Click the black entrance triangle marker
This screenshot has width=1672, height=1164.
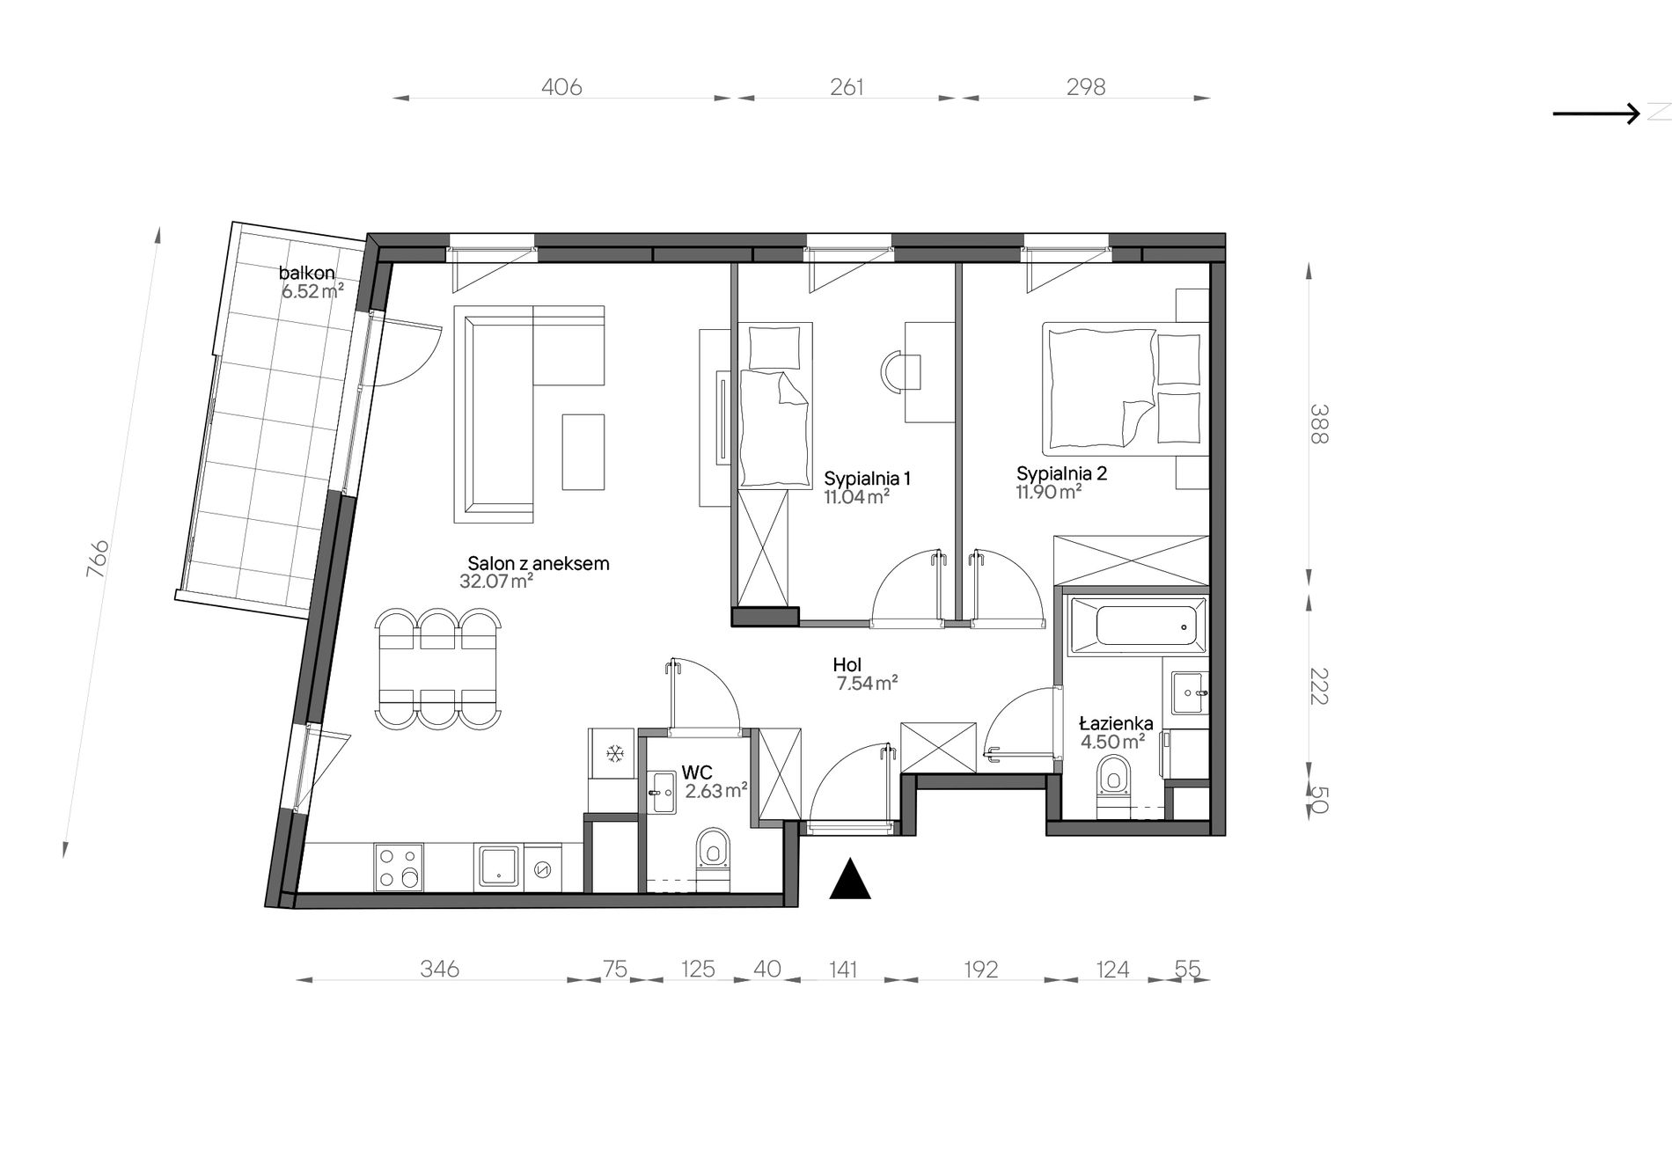pos(850,880)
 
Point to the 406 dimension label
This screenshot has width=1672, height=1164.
pos(561,87)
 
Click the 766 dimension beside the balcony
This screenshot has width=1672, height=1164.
pos(98,558)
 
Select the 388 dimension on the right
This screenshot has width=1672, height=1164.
pos(1318,423)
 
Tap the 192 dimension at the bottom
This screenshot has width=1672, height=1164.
pos(981,970)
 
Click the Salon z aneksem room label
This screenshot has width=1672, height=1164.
pos(538,563)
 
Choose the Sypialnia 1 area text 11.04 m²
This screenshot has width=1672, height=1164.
pos(856,497)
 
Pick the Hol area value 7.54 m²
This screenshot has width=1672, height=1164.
pos(867,683)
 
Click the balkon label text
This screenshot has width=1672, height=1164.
pos(307,273)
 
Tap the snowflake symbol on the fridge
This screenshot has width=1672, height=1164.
pos(614,754)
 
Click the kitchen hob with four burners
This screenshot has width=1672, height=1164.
pos(399,867)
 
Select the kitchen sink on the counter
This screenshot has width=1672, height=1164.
pos(499,867)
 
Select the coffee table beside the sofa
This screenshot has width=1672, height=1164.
pos(583,451)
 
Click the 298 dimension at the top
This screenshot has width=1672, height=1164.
pos(1086,87)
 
